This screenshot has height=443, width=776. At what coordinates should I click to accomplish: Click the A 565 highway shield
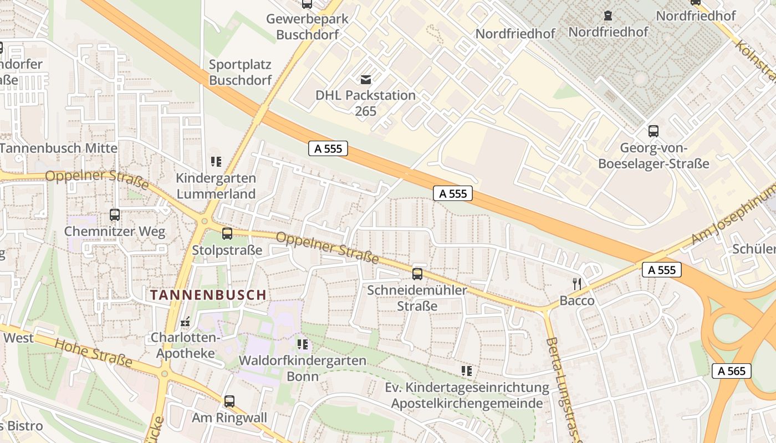click(731, 370)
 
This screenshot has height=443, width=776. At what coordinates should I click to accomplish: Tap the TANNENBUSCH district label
click(208, 295)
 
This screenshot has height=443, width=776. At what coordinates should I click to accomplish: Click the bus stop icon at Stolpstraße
click(227, 234)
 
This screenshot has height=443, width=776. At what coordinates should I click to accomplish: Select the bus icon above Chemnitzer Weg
click(115, 215)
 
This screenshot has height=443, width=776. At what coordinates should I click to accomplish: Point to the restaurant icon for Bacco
click(577, 284)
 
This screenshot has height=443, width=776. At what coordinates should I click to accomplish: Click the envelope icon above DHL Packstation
click(366, 79)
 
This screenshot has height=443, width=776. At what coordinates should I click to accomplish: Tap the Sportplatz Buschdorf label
click(241, 72)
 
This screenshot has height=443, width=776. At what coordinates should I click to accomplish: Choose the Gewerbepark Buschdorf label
click(307, 27)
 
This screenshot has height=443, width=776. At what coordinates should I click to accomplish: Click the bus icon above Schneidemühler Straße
click(417, 274)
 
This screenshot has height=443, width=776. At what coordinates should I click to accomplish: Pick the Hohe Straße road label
click(93, 352)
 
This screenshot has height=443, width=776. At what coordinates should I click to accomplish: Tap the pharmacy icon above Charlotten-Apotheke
click(185, 322)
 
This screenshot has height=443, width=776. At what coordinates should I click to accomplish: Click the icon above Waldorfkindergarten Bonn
click(302, 344)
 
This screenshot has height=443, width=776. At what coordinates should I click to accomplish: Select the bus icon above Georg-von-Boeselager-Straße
click(654, 131)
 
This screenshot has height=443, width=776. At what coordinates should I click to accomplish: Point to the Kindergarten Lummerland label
click(216, 186)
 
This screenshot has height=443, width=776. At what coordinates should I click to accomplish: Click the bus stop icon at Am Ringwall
click(229, 401)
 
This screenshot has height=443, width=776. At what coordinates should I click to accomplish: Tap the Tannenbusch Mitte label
click(59, 148)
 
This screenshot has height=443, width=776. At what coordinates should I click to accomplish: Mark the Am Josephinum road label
click(732, 216)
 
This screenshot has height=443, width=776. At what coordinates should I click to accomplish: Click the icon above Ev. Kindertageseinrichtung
click(466, 370)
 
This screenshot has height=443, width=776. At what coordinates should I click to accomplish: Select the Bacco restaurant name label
click(577, 301)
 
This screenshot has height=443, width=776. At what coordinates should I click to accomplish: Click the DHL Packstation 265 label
click(365, 103)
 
